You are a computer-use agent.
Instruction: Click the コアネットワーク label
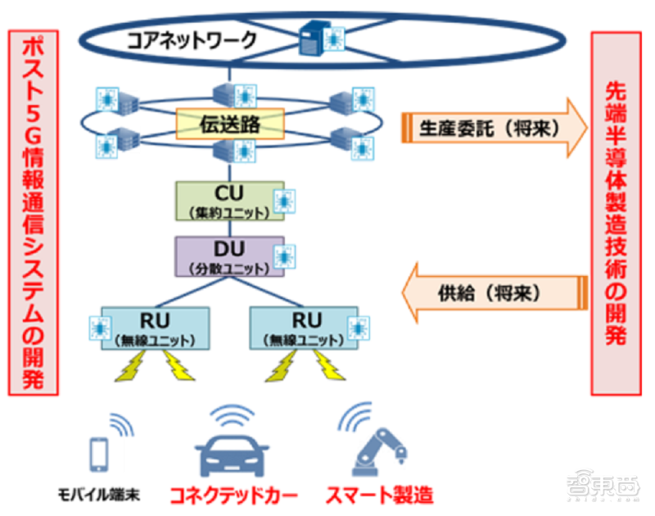click(192, 40)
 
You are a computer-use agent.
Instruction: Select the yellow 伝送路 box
click(230, 124)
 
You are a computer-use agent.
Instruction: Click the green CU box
click(230, 201)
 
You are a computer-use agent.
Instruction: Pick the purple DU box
click(230, 256)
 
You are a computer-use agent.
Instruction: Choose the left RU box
click(156, 328)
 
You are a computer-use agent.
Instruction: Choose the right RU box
click(304, 328)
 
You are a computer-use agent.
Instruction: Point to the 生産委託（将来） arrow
click(495, 128)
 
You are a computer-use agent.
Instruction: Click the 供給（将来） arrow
click(495, 293)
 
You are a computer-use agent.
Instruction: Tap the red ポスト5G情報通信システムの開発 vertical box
click(33, 213)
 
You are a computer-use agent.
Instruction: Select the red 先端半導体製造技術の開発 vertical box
click(617, 214)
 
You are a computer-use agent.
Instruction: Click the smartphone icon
click(99, 455)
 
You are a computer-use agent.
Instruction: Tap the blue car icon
click(232, 456)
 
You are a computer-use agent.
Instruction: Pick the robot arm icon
click(379, 452)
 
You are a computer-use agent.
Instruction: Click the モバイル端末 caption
click(99, 495)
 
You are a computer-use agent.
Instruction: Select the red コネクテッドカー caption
click(234, 496)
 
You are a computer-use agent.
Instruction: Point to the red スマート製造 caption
click(380, 496)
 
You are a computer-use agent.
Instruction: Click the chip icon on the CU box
click(284, 201)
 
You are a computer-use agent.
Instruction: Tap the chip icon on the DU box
click(284, 256)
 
